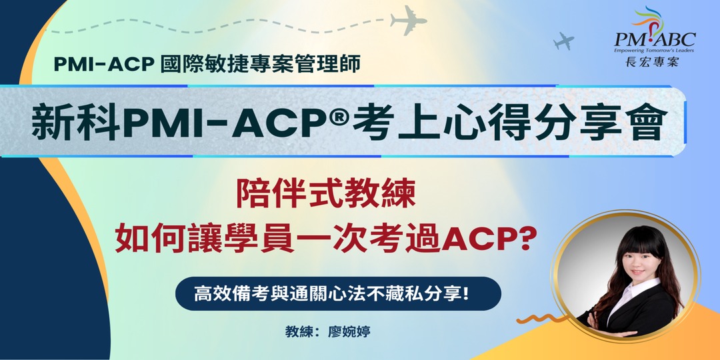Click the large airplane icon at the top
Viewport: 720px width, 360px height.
pos(409,22)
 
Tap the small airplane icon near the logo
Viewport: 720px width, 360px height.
pos(564,41)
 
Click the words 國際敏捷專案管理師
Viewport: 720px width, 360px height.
pos(260,64)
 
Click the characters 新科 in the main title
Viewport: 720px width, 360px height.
pos(76,123)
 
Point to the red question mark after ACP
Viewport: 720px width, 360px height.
pos(527,237)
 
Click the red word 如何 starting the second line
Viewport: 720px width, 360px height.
pos(144,237)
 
